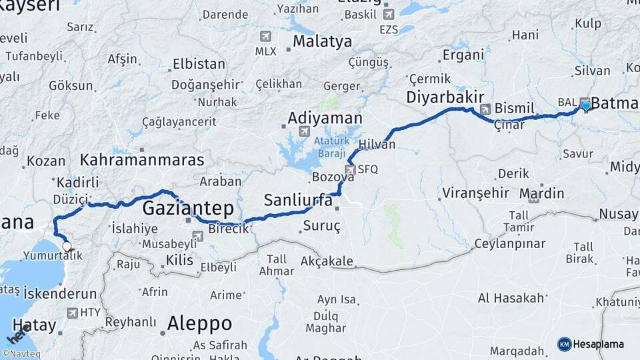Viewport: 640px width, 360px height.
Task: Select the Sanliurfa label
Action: coord(297,199)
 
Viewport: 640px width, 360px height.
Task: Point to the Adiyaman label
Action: coord(325,119)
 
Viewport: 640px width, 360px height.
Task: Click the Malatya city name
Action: coord(322,42)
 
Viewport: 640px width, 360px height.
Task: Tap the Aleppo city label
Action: coord(199,324)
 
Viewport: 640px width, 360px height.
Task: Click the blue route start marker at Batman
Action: coord(586,105)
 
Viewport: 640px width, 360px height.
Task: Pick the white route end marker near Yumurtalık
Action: coord(67,246)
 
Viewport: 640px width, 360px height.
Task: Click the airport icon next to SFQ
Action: coord(351,169)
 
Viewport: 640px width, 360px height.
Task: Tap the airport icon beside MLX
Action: coord(267,36)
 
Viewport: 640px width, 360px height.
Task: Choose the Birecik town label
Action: coord(229,229)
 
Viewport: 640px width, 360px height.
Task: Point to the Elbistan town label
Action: coord(199,64)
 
